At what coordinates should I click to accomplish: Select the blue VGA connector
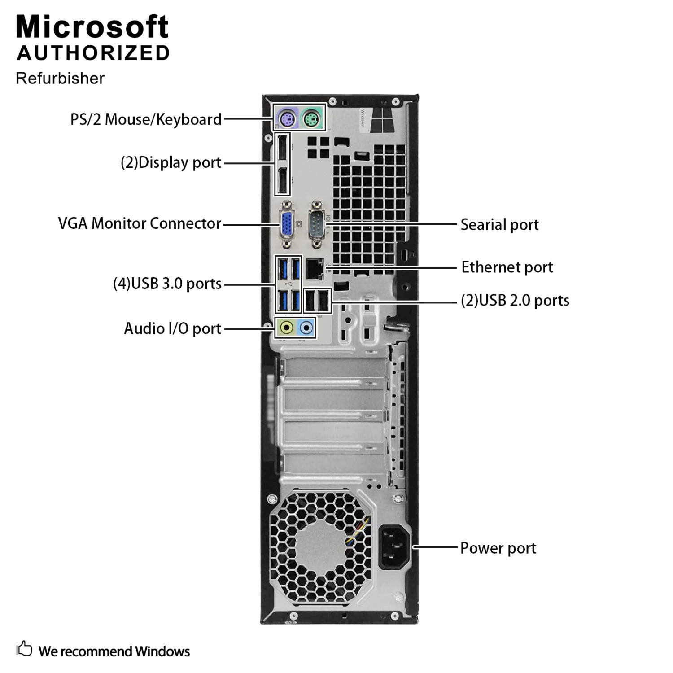[x=287, y=225]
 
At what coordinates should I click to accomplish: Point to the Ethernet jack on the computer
[x=315, y=269]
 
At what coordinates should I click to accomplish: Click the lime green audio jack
[x=286, y=328]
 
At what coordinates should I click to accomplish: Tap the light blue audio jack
[x=306, y=328]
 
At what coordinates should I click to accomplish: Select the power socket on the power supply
[x=395, y=547]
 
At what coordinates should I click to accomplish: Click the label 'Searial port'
[x=499, y=225]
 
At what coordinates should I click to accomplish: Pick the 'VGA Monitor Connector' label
[x=140, y=223]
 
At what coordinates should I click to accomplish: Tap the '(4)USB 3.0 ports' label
[x=167, y=284]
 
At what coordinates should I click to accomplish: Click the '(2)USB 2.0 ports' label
[x=515, y=300]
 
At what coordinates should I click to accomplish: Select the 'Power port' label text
[x=498, y=548]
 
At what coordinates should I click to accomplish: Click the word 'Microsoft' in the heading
[x=92, y=27]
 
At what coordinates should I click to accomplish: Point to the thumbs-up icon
[x=24, y=649]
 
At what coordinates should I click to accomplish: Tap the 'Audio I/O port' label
[x=173, y=328]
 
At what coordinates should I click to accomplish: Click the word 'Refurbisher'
[x=60, y=79]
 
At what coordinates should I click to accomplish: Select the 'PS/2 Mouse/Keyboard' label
[x=146, y=119]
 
